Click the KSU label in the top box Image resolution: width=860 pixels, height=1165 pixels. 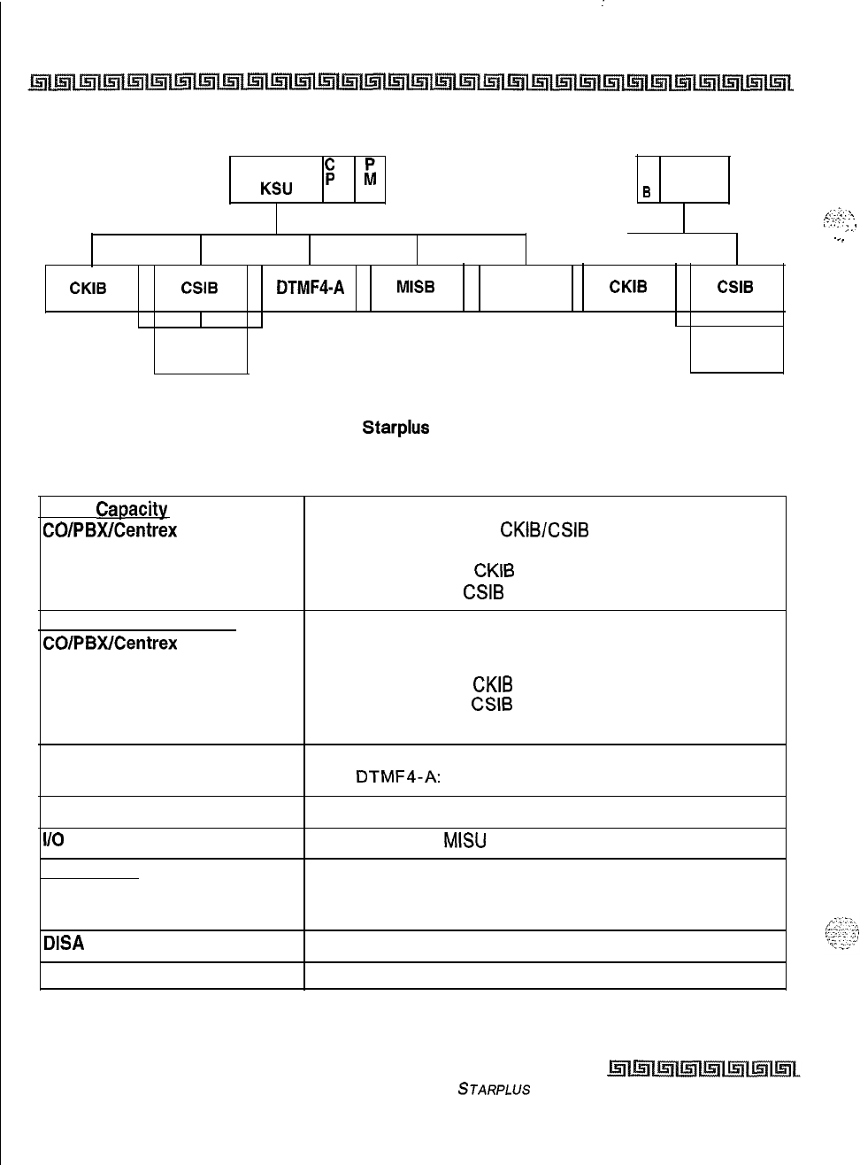(x=276, y=189)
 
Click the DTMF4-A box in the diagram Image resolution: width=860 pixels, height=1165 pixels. (x=310, y=288)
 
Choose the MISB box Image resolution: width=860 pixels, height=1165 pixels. (x=416, y=288)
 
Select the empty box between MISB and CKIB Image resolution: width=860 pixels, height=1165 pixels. (x=526, y=288)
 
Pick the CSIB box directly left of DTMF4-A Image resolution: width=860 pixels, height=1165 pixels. (x=200, y=288)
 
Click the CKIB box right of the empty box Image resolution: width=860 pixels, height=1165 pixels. (x=628, y=287)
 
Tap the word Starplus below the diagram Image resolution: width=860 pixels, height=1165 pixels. (x=395, y=428)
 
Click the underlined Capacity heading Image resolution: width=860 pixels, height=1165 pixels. (x=131, y=509)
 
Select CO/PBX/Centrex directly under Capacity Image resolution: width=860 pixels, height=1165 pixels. (x=110, y=530)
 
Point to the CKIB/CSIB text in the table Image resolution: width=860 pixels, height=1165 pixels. (x=544, y=530)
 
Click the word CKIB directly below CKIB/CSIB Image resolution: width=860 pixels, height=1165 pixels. (x=494, y=571)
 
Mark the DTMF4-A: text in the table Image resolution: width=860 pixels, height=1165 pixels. (x=398, y=777)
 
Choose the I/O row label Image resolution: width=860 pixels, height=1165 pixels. (x=51, y=840)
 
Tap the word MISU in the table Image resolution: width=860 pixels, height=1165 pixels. (x=465, y=841)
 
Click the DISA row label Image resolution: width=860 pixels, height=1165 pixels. (x=64, y=944)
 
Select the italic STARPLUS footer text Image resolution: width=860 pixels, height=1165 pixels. (x=494, y=1090)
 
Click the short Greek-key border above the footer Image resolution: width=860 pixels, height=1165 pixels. (x=703, y=1070)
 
